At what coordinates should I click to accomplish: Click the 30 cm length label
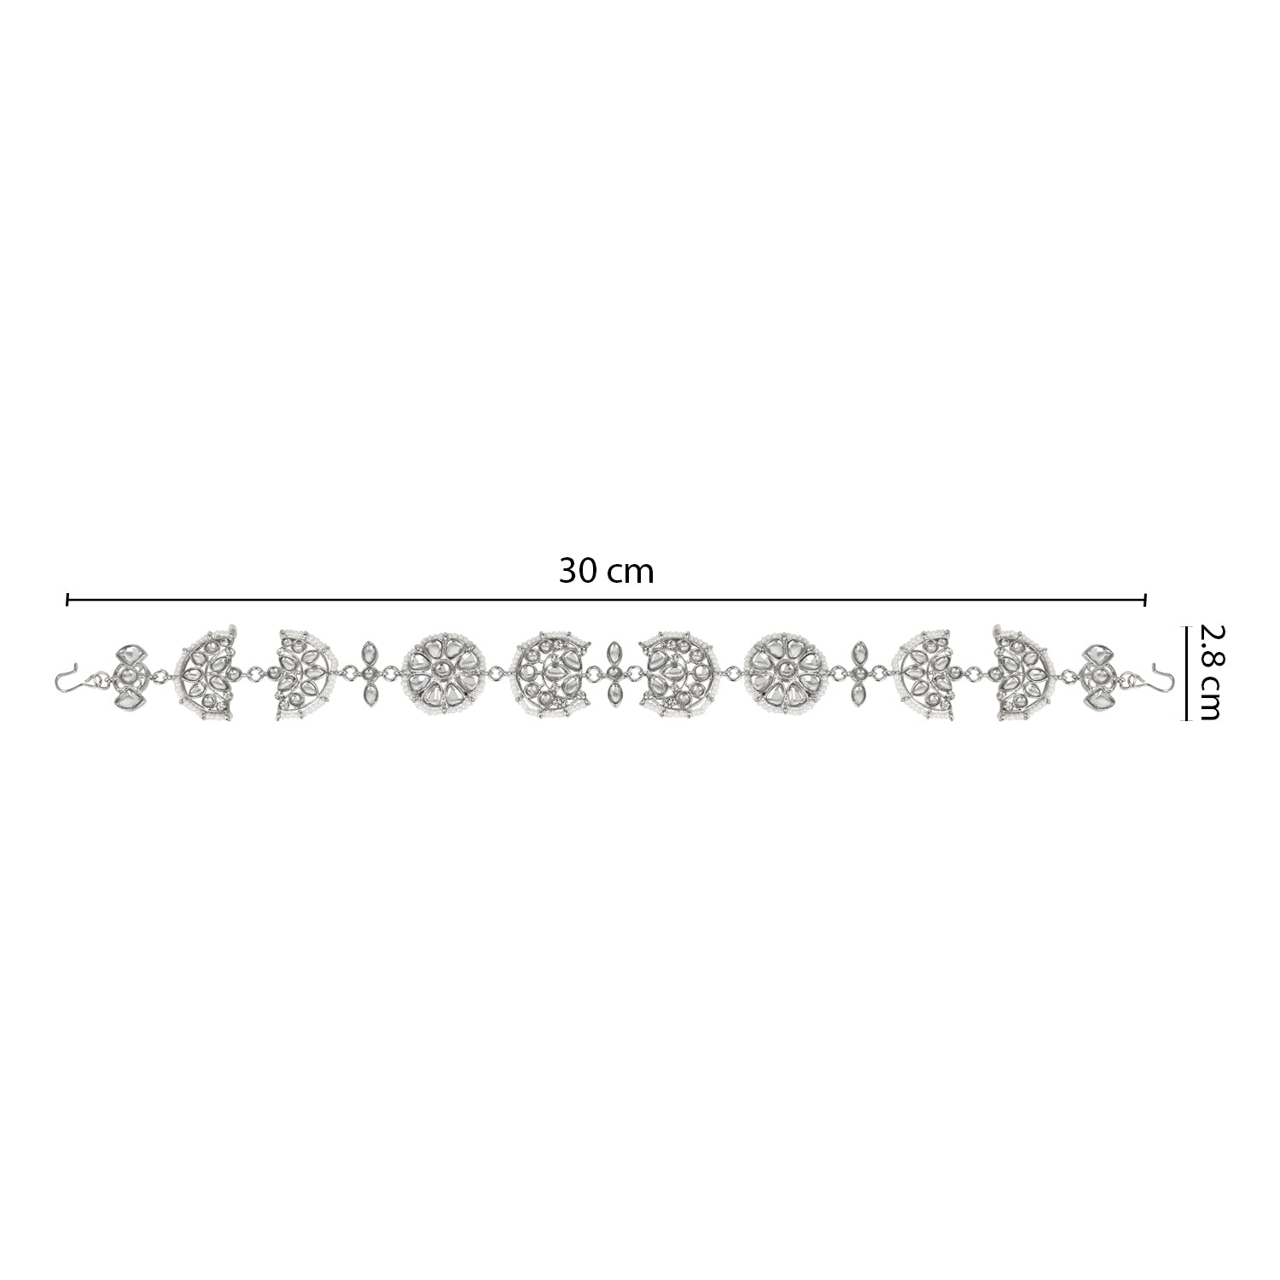[606, 571]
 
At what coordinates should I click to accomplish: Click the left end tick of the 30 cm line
[67, 601]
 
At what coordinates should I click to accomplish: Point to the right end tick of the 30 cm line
[1144, 601]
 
